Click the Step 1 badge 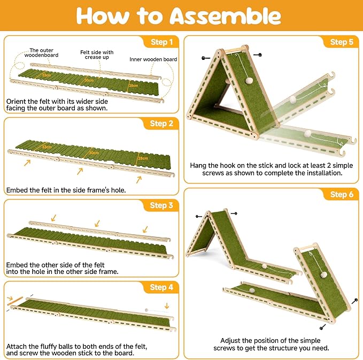pyautogui.click(x=161, y=42)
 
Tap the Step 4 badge pyautogui.click(x=161, y=287)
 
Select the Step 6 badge pyautogui.click(x=342, y=195)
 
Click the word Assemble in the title pyautogui.click(x=225, y=16)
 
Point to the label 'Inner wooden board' pyautogui.click(x=153, y=59)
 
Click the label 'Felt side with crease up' pyautogui.click(x=97, y=55)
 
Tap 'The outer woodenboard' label pyautogui.click(x=42, y=52)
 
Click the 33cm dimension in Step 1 pyautogui.click(x=47, y=75)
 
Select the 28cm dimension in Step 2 pyautogui.click(x=143, y=158)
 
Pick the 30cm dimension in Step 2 pyautogui.click(x=94, y=153)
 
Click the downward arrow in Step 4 pyautogui.click(x=167, y=306)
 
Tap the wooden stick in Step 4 pyautogui.click(x=15, y=301)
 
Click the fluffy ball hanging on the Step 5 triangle pyautogui.click(x=249, y=81)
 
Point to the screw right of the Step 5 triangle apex pyautogui.click(x=258, y=55)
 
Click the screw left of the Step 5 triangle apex pyautogui.click(x=206, y=58)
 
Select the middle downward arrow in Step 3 pyautogui.click(x=97, y=223)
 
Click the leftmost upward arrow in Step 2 pyautogui.click(x=27, y=163)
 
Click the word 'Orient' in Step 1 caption pyautogui.click(x=15, y=102)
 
